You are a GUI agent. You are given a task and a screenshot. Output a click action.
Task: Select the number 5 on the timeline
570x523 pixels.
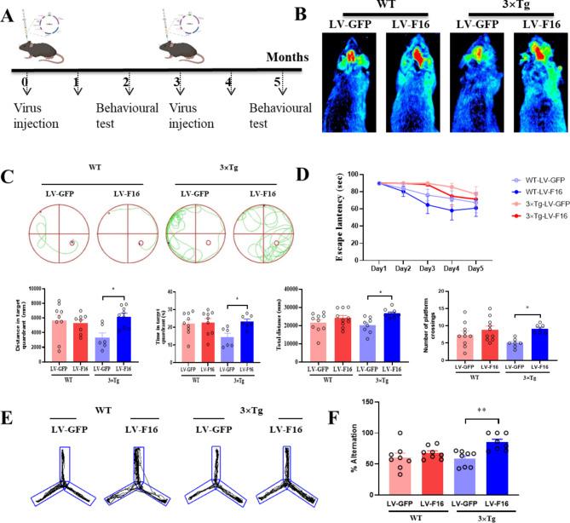click(279, 83)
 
